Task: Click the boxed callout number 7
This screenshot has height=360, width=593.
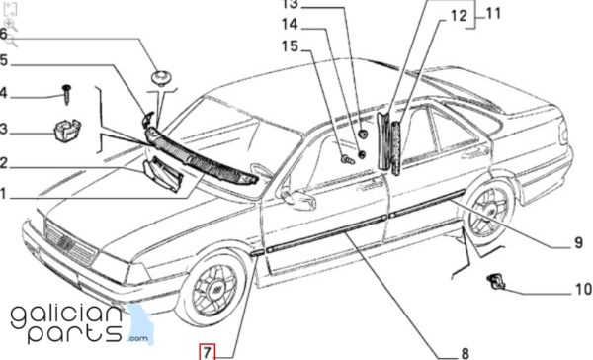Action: click(207, 352)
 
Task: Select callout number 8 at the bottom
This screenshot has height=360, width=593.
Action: click(465, 353)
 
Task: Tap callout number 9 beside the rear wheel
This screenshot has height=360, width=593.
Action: click(578, 242)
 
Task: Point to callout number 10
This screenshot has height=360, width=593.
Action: click(583, 289)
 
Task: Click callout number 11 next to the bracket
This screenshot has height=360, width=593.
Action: click(493, 13)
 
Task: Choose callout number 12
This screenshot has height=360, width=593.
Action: click(459, 16)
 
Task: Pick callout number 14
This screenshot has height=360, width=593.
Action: click(290, 24)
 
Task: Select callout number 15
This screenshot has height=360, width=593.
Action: click(290, 46)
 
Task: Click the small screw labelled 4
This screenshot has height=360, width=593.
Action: click(67, 94)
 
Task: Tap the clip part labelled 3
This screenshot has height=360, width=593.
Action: click(67, 130)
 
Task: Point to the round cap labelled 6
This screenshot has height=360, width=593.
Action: click(162, 78)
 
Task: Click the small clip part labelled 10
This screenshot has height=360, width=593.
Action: click(496, 282)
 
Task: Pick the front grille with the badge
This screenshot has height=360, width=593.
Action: click(70, 243)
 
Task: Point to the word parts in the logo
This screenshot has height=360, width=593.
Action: click(75, 332)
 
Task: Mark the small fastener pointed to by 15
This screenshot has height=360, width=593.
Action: click(348, 160)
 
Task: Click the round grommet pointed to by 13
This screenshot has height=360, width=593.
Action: click(363, 134)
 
